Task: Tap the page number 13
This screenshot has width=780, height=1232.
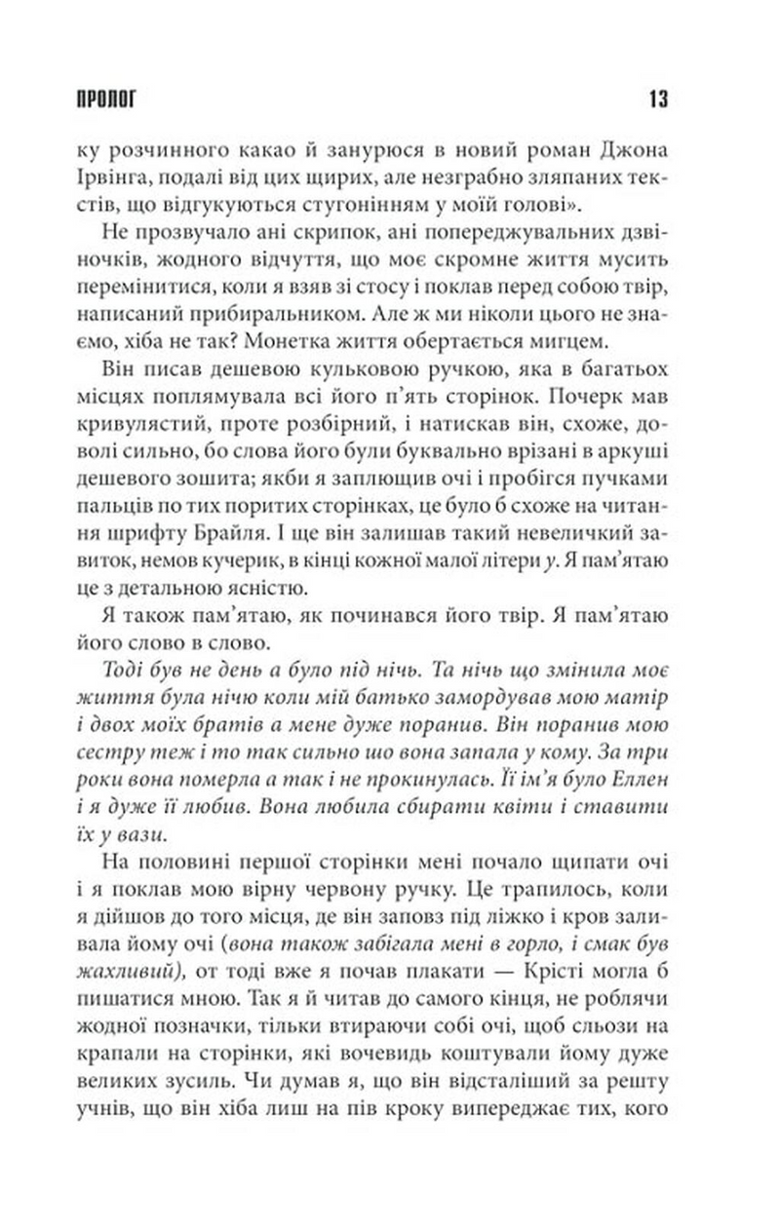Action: click(655, 98)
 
